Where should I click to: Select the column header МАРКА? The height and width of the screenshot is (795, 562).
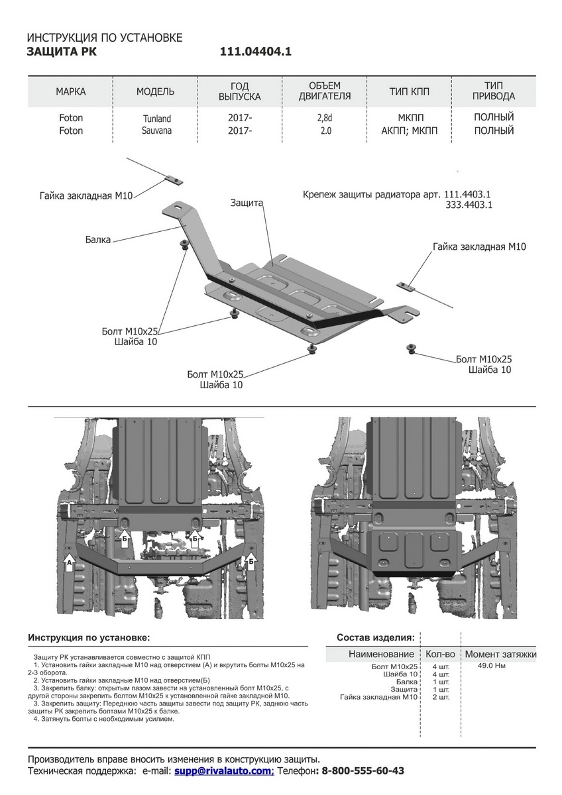[71, 91]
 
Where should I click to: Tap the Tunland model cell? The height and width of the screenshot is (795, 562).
[156, 119]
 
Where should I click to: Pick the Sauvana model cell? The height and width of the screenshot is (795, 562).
[156, 131]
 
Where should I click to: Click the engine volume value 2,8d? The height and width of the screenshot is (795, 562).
[325, 118]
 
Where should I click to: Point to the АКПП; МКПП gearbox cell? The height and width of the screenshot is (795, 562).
[410, 131]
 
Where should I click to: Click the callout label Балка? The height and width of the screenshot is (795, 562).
[97, 240]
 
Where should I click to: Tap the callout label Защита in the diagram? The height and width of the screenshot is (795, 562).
[247, 203]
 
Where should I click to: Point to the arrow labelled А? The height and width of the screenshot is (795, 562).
[69, 563]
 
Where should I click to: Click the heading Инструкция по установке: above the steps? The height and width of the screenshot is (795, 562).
[89, 637]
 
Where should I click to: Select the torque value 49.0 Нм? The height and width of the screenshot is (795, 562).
[491, 666]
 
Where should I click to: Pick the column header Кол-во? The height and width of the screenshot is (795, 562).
[440, 654]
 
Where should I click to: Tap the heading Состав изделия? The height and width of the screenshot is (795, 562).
[376, 637]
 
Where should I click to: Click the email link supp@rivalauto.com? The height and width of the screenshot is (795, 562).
[224, 771]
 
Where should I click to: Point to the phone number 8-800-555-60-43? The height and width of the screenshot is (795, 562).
[363, 771]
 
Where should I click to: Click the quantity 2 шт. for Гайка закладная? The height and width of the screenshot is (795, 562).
[440, 697]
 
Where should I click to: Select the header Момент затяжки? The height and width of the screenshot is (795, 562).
[500, 654]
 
